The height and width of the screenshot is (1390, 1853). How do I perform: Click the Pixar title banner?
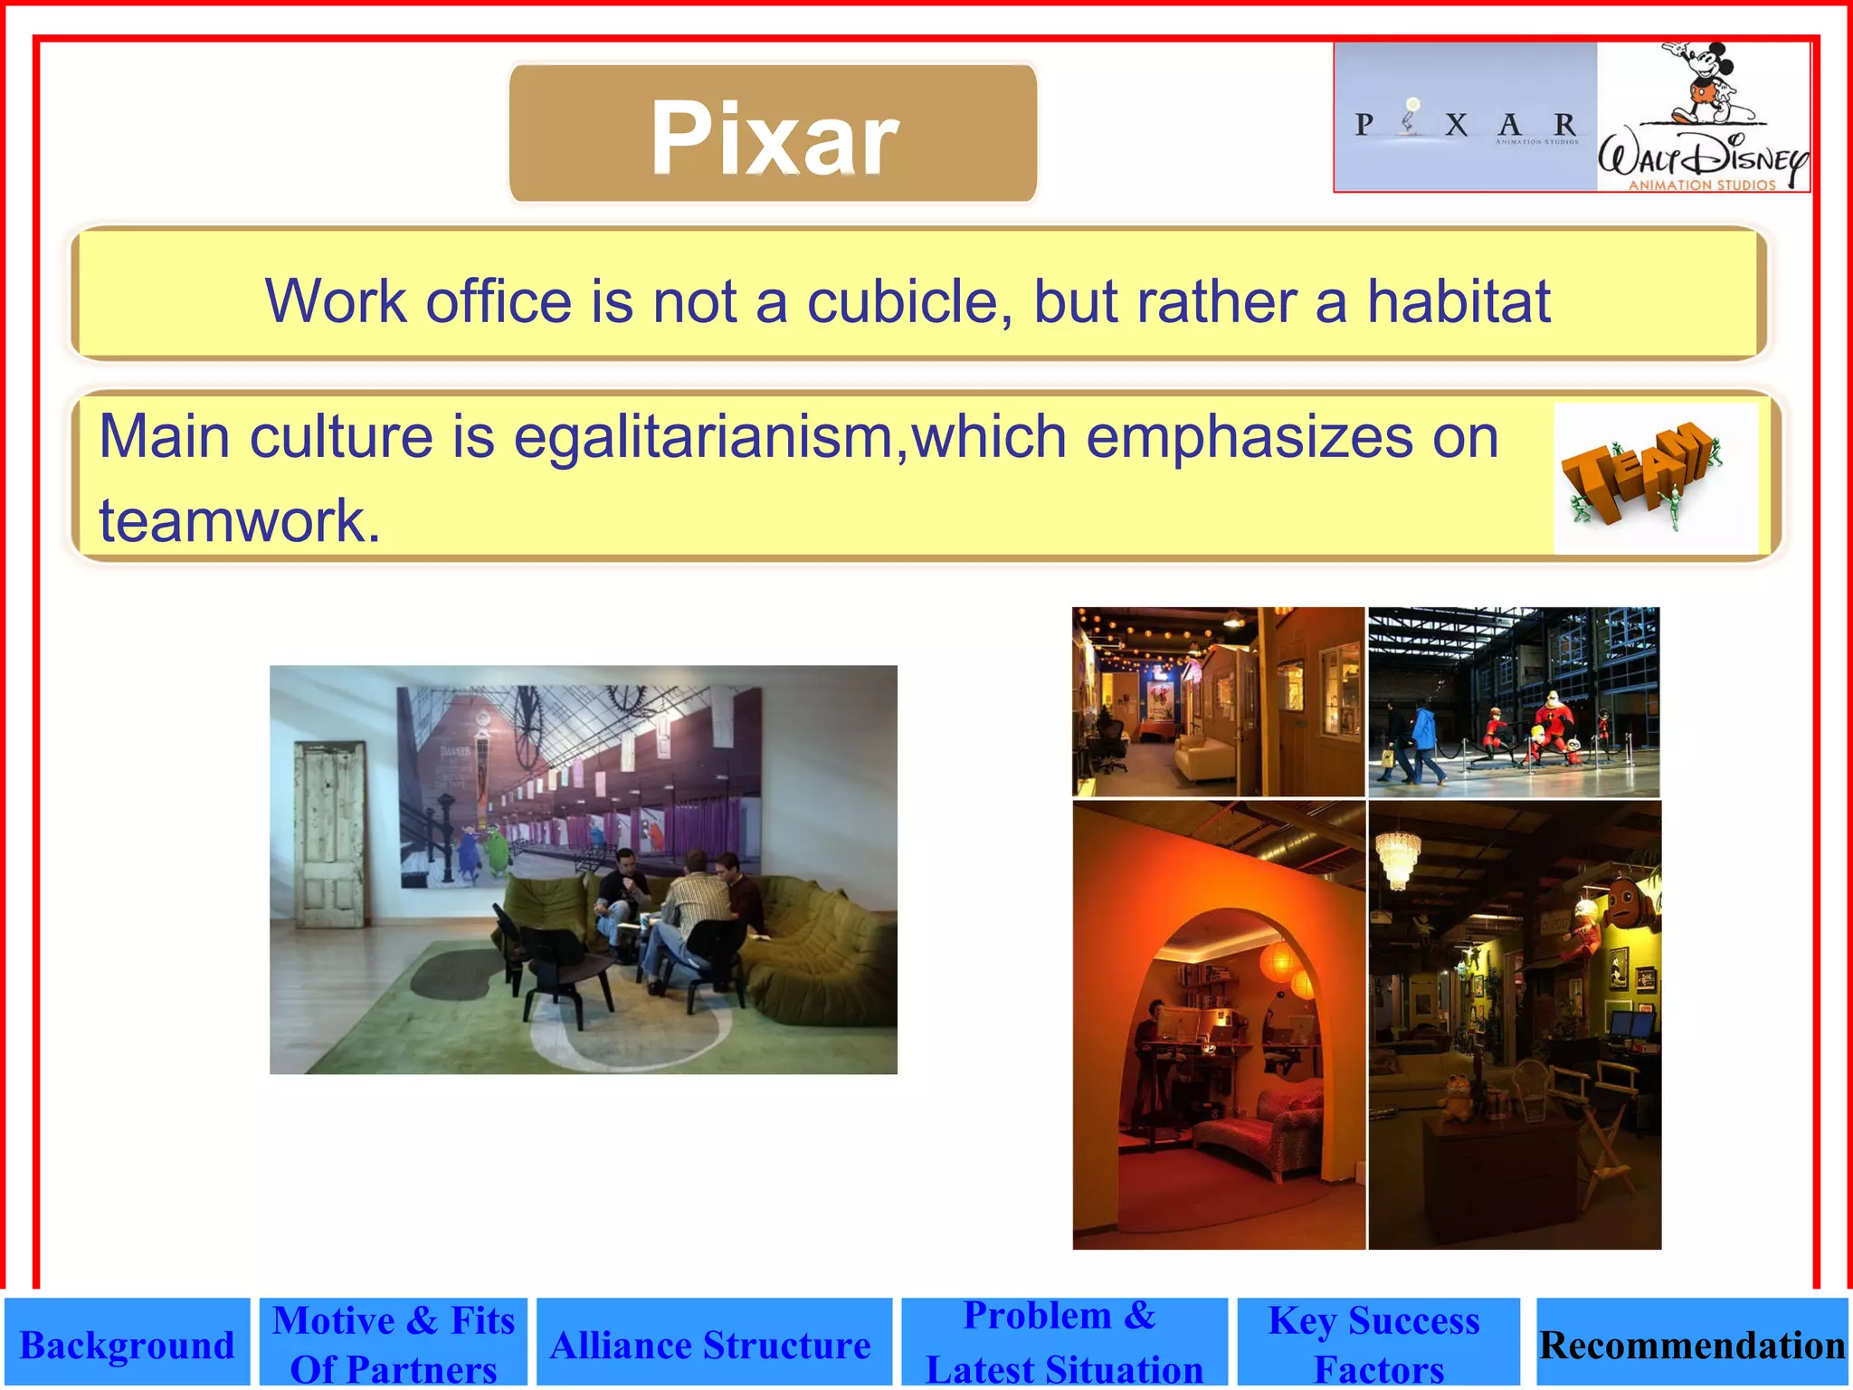click(774, 134)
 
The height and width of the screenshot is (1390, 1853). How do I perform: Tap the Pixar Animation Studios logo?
click(1465, 118)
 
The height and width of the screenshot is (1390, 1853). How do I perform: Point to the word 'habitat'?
click(1458, 301)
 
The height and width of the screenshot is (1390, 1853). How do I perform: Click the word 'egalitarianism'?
click(704, 437)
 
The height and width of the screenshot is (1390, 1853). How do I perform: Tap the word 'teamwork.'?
click(240, 521)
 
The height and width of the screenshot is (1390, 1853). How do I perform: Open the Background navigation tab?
click(127, 1345)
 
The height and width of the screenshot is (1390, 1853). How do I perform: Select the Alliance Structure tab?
click(712, 1345)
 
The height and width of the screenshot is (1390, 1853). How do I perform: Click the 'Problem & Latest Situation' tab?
click(1063, 1343)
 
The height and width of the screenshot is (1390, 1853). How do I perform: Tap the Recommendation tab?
click(1691, 1345)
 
